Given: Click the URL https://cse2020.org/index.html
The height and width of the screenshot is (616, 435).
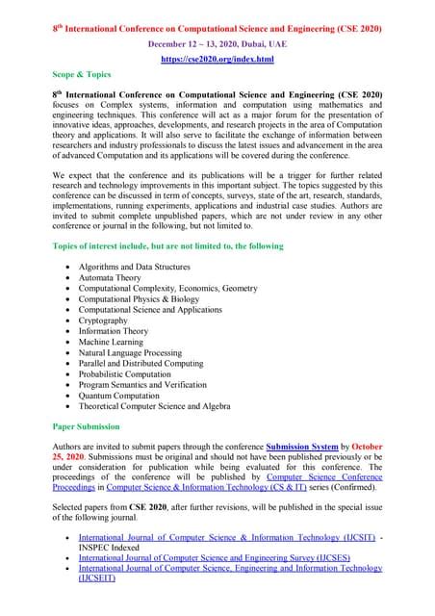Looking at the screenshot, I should click(217, 60).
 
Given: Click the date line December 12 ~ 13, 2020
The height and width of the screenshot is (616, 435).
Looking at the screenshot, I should click(217, 44).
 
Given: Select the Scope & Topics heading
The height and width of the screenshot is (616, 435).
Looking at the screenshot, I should click(82, 76).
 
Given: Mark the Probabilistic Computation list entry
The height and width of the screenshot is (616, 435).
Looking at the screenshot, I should click(131, 370).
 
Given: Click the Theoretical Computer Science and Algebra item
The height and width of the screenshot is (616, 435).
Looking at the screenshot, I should click(155, 407).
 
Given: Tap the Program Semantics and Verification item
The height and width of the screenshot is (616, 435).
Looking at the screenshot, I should click(143, 382).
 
